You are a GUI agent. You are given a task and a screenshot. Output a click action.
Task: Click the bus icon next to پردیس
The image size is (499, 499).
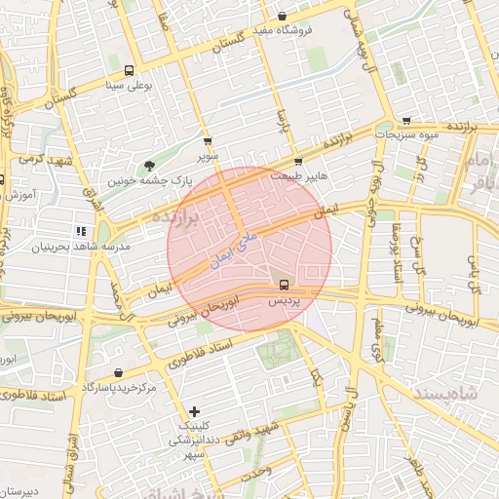[283, 286]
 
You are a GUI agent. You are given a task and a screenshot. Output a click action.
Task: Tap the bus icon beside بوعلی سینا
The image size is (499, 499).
[129, 70]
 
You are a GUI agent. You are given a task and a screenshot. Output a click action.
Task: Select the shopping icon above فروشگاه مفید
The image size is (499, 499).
[282, 16]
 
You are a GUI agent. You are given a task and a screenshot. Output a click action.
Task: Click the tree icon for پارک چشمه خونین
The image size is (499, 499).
[149, 166]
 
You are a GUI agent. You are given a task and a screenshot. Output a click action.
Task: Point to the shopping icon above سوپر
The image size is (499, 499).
[207, 141]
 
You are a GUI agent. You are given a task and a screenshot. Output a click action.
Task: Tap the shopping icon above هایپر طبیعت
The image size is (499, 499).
[298, 162]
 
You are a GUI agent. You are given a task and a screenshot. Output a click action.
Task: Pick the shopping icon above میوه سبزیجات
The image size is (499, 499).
[405, 121]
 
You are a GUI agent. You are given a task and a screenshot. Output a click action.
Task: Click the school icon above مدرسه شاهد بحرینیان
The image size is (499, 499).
[80, 231]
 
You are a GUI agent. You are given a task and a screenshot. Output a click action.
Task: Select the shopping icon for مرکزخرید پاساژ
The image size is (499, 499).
[118, 372]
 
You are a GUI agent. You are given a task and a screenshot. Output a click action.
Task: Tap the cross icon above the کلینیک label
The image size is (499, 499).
[195, 411]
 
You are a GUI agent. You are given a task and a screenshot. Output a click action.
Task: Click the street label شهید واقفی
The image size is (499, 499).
[255, 435]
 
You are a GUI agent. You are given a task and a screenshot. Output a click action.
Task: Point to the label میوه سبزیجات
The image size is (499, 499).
[409, 135]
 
